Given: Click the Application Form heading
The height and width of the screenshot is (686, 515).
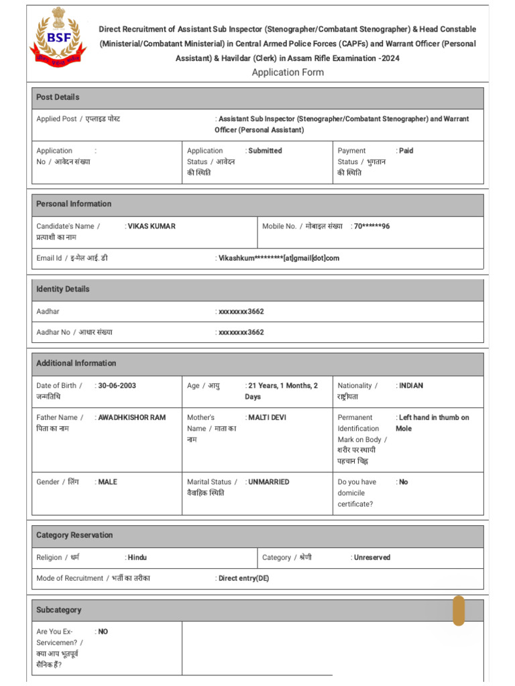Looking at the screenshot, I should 288,72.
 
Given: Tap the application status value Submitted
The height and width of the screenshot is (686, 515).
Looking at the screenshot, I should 265,151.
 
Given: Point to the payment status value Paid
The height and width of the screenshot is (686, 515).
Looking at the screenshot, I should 406,151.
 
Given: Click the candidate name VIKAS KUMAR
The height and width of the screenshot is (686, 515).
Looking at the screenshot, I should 152,226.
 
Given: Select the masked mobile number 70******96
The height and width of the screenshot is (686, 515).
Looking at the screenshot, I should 371,226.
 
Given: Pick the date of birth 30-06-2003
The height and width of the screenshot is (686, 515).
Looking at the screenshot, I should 117,386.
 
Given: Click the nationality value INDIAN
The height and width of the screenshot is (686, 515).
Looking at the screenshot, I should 411,386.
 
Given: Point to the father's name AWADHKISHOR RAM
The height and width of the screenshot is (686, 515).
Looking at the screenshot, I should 132,417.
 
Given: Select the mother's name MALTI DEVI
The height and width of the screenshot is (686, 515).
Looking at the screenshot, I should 267,417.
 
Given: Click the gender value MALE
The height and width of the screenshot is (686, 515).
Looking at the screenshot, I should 107,482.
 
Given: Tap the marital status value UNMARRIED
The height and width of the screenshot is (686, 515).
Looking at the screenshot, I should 269,482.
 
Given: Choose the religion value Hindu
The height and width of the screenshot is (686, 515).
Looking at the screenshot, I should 137,557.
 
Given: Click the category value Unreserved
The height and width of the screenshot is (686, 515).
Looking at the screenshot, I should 372,557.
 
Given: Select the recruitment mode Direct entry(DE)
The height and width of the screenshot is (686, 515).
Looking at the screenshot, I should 244,578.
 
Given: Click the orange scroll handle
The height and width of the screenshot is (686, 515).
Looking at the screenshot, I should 459,610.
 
